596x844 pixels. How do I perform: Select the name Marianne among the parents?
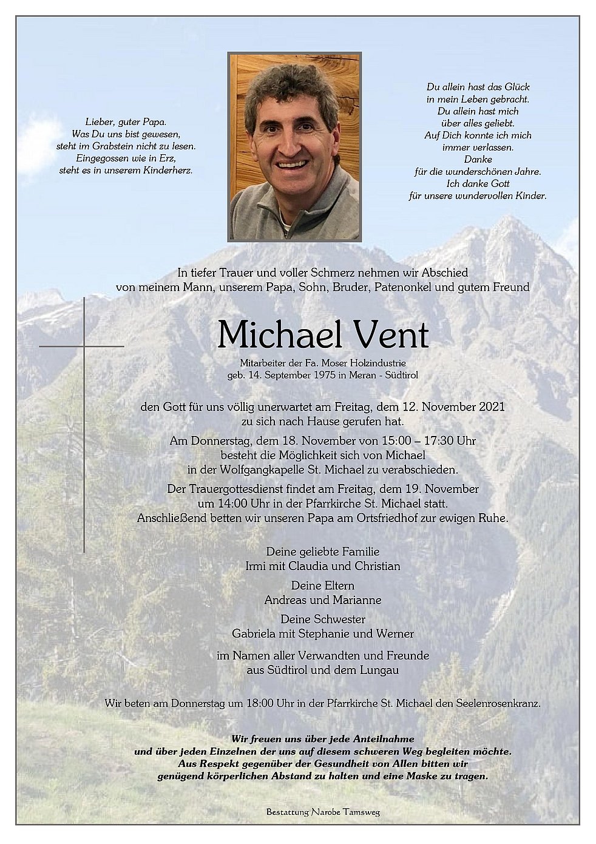(358, 600)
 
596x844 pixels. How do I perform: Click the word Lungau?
(377, 670)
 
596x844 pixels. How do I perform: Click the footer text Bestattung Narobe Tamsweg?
(322, 812)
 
